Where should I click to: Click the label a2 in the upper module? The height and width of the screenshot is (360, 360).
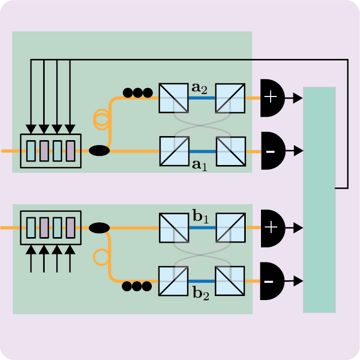click(199, 88)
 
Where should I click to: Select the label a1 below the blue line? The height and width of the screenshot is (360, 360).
click(199, 165)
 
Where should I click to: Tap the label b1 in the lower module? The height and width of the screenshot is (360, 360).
click(201, 218)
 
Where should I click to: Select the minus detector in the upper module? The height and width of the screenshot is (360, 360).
click(272, 151)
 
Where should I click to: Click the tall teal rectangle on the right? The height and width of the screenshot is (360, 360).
click(319, 200)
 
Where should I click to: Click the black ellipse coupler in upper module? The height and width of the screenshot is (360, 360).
click(100, 151)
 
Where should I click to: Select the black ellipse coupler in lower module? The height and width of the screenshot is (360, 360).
click(99, 228)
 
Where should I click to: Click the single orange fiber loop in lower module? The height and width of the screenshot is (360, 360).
click(101, 257)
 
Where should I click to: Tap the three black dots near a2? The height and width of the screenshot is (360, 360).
click(138, 93)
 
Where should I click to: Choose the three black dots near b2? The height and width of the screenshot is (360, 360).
click(137, 286)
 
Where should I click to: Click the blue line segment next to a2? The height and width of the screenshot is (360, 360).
click(202, 98)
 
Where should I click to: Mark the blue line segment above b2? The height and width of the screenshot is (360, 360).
click(202, 281)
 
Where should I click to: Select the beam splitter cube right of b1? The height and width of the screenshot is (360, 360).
click(231, 228)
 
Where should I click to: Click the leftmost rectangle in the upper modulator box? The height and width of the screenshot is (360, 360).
click(31, 151)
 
